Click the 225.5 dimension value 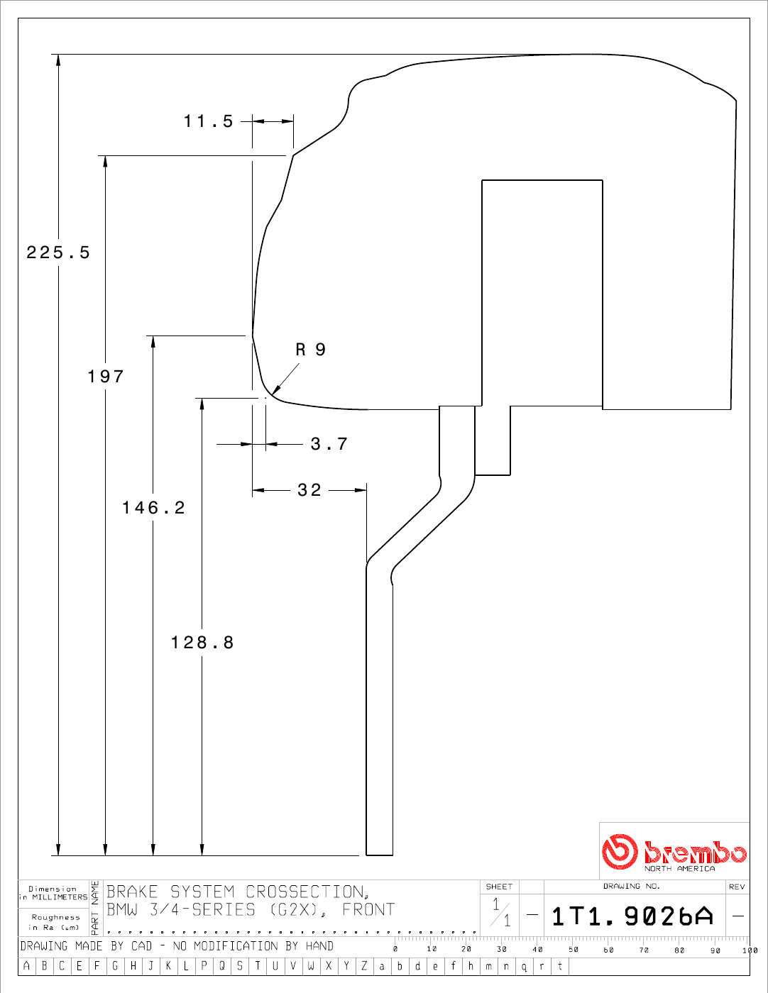(58, 253)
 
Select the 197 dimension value (106, 377)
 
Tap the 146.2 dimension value (153, 508)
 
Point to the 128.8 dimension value (202, 643)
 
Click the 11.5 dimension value (209, 121)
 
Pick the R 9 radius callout (311, 350)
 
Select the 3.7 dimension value (329, 444)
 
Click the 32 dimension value (309, 490)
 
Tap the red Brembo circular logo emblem (620, 851)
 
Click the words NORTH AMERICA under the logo (679, 869)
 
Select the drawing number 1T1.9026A (632, 916)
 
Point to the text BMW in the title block (122, 909)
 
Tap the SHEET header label (499, 887)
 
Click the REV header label (737, 887)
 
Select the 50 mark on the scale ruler (574, 950)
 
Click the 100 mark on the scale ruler (750, 950)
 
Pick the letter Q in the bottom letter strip (221, 966)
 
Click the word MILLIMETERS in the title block (60, 897)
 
